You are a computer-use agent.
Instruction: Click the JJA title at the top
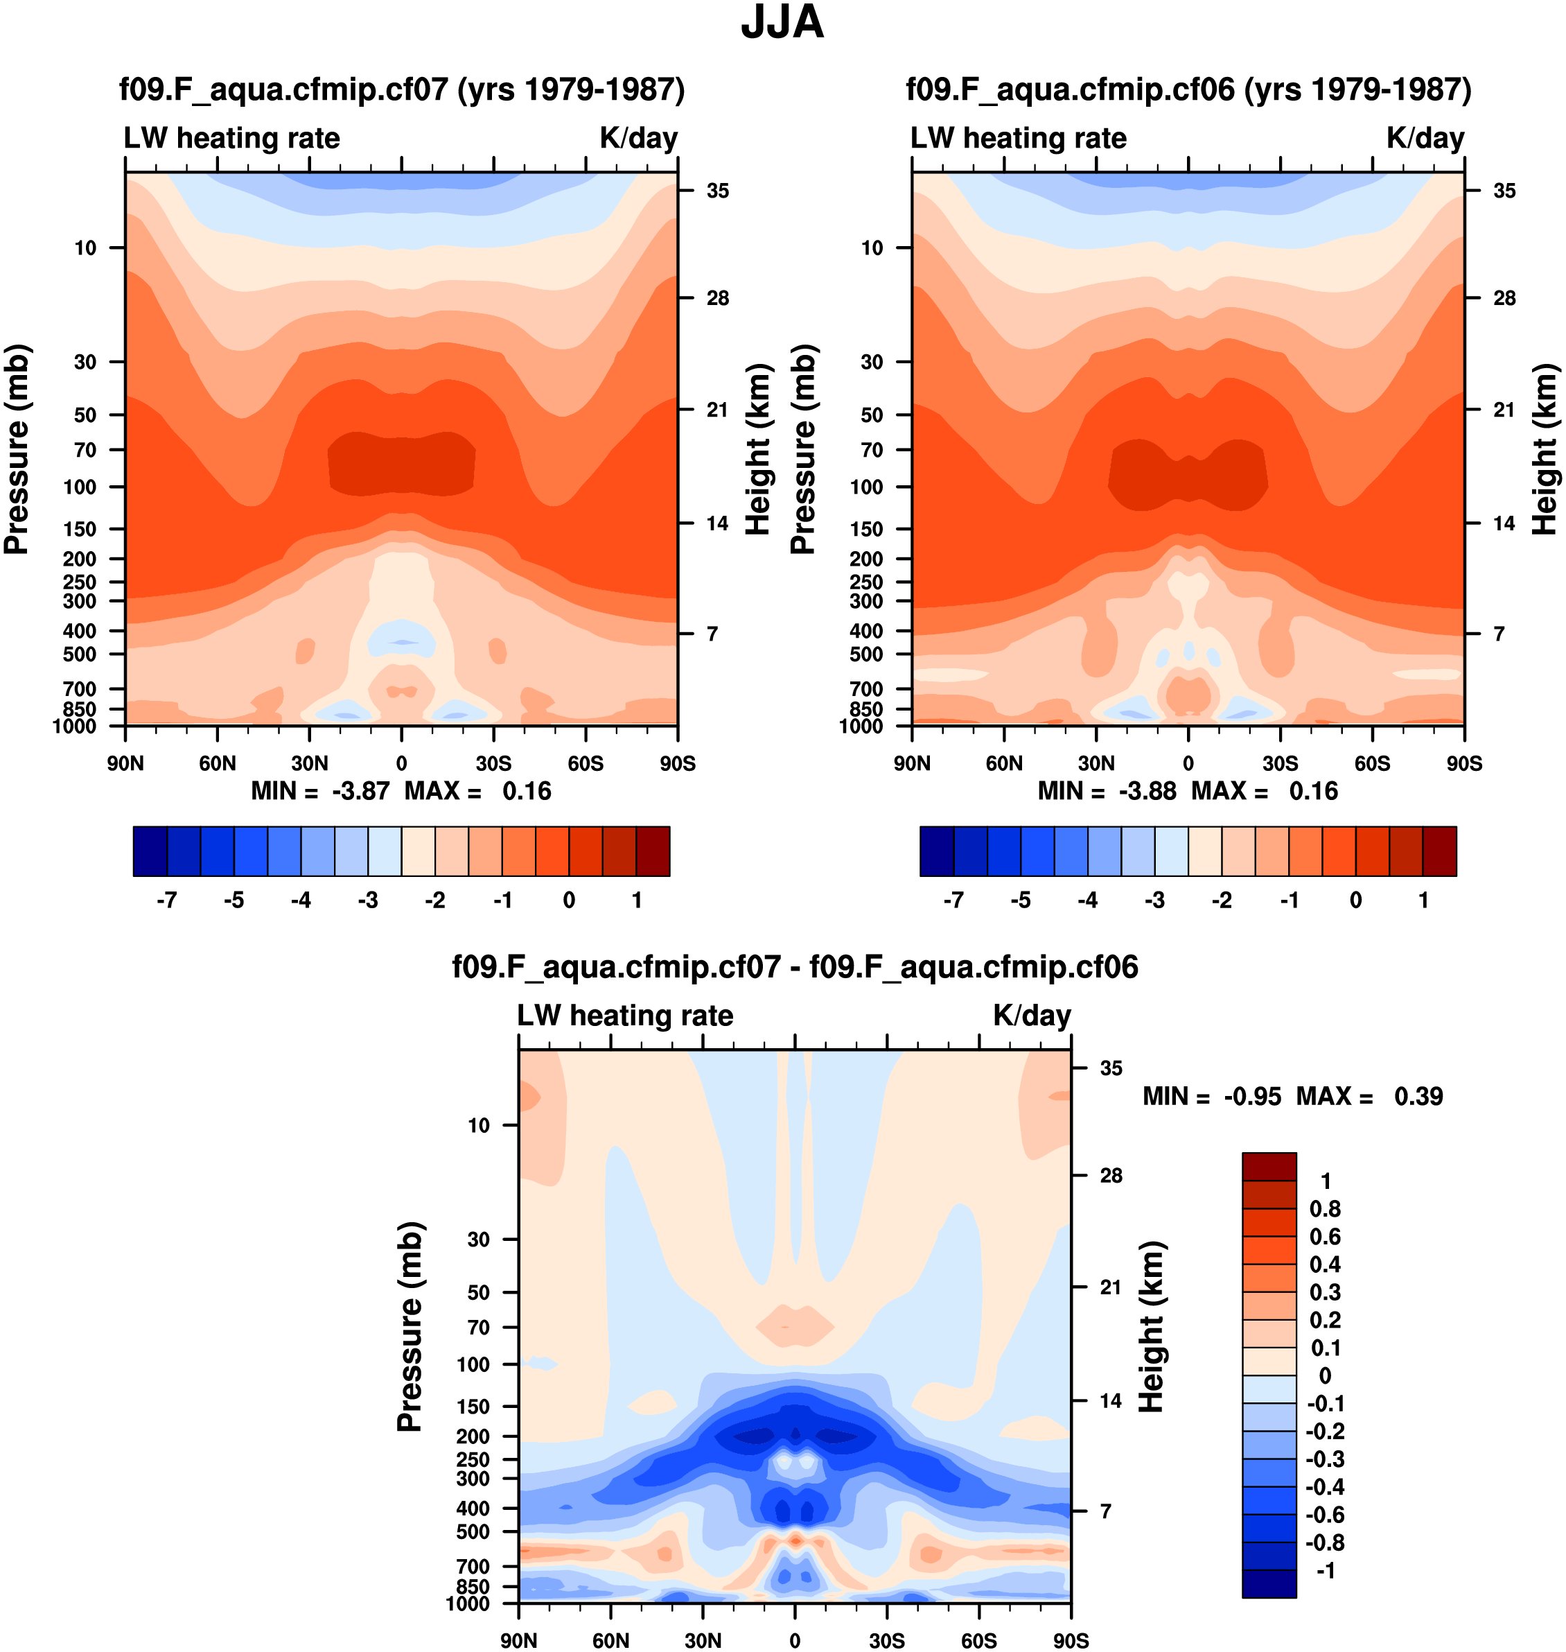pos(782,24)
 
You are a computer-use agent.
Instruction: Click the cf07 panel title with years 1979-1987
pos(401,89)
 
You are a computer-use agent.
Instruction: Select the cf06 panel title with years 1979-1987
pos(1188,89)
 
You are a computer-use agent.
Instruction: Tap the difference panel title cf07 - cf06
pos(795,966)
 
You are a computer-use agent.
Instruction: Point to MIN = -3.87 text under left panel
pos(321,791)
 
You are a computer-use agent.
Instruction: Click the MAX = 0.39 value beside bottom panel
pos(1369,1096)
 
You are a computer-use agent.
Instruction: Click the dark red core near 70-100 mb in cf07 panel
pos(401,464)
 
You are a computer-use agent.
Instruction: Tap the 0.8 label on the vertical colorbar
pos(1325,1208)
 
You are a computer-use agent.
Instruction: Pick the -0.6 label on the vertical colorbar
pos(1325,1514)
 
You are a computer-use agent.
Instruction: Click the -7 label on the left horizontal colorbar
pos(167,900)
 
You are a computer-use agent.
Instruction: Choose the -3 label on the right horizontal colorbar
pos(1154,900)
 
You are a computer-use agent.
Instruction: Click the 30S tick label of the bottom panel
pos(886,1640)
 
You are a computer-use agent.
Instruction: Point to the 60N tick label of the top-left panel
pos(217,763)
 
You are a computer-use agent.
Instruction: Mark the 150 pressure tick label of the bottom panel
pos(473,1407)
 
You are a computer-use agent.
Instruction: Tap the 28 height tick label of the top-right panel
pos(1504,298)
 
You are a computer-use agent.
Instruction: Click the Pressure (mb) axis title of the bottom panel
pos(410,1327)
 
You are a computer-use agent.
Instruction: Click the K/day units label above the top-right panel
pos(1425,138)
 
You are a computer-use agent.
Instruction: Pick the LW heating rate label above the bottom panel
pos(625,1015)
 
